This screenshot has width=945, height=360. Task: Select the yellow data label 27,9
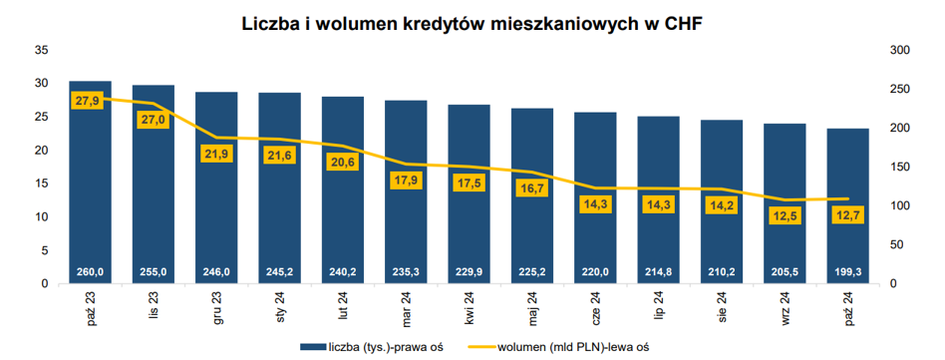[x=87, y=100]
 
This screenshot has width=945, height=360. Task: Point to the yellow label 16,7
[x=532, y=189]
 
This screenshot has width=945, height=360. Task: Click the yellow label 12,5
[x=786, y=215]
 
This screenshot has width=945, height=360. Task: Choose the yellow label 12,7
[x=848, y=214]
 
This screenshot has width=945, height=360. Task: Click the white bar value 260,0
[x=91, y=272]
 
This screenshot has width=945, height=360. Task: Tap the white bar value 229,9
[x=470, y=272]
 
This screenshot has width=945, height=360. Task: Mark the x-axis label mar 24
[x=407, y=309]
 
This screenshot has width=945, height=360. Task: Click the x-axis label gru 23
[x=217, y=309]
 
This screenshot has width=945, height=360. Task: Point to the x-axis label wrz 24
[x=786, y=309]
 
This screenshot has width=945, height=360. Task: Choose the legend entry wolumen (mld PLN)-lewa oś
[x=560, y=346]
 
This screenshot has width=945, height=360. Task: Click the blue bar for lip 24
[x=659, y=200]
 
